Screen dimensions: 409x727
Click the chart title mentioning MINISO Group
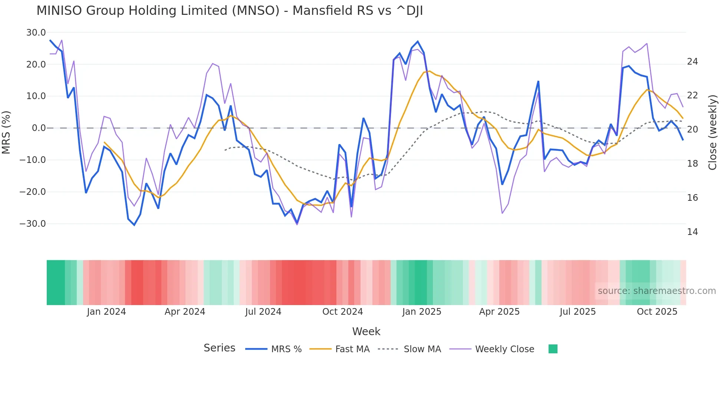[230, 11]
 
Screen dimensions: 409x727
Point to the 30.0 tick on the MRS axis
[36, 33]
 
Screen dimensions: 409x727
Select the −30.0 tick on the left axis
[33, 224]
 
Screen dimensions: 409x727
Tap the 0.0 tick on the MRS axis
[39, 128]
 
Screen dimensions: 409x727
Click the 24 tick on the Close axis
[692, 62]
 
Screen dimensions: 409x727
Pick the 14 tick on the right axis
[692, 232]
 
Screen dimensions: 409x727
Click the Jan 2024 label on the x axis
[106, 312]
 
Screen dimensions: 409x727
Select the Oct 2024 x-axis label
[342, 312]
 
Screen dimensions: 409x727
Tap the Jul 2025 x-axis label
[578, 312]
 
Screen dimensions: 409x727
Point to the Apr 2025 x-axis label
[499, 312]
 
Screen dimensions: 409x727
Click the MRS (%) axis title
[6, 132]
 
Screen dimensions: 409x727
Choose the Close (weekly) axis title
[713, 132]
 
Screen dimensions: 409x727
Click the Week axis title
[366, 331]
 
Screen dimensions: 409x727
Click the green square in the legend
[553, 349]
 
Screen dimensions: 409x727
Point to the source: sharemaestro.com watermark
[657, 291]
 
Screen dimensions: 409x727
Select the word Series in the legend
[219, 348]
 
